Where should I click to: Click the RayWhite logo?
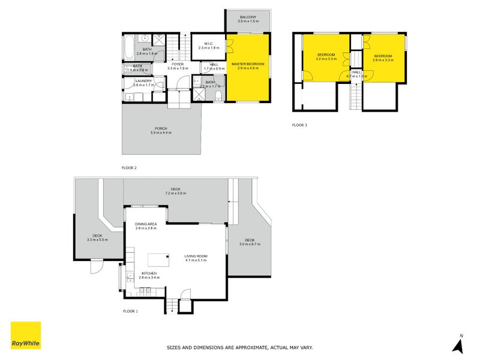[26, 335]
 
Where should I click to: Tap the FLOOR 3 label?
[299, 125]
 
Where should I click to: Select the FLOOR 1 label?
[130, 311]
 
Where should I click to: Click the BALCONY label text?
[247, 17]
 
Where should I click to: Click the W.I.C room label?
[209, 43]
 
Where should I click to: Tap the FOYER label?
[177, 64]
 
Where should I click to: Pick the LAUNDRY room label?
[143, 80]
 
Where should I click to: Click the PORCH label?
[161, 128]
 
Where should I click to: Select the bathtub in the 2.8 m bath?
[128, 48]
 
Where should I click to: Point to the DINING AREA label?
[146, 224]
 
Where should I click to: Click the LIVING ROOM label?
[196, 256]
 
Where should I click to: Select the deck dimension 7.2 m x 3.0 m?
[176, 193]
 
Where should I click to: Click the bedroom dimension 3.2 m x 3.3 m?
[326, 59]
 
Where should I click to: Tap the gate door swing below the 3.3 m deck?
[97, 267]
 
